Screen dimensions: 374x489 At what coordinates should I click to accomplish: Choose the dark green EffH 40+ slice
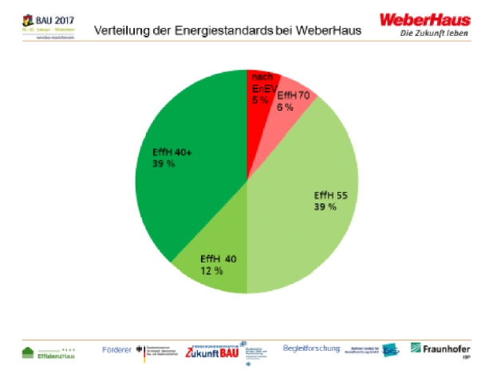(191, 175)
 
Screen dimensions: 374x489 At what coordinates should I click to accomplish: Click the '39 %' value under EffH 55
(325, 207)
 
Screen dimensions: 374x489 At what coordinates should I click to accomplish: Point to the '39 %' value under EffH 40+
(164, 163)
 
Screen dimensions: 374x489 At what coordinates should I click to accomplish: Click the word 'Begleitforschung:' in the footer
(312, 348)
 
